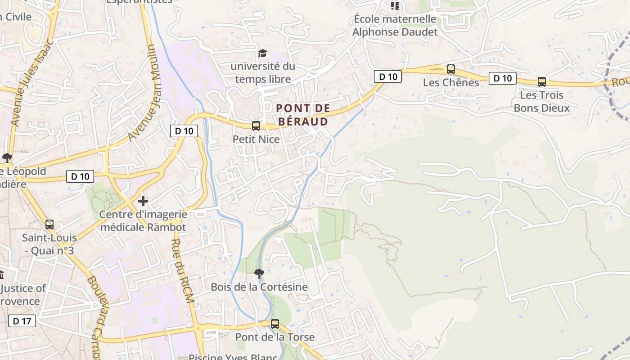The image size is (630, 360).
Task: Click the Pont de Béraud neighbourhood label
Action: pyautogui.click(x=302, y=115)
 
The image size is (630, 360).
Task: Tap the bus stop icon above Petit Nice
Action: pyautogui.click(x=256, y=126)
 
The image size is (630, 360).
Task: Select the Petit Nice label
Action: pyautogui.click(x=256, y=139)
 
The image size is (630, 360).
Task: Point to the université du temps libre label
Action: pyautogui.click(x=263, y=73)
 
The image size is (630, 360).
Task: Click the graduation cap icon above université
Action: pyautogui.click(x=262, y=54)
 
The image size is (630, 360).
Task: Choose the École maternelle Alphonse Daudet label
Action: pyautogui.click(x=395, y=26)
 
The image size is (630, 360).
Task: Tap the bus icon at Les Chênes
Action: pyautogui.click(x=450, y=69)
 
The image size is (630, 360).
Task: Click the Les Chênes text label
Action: pyautogui.click(x=451, y=83)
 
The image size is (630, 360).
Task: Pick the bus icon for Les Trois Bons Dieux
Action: pyautogui.click(x=542, y=82)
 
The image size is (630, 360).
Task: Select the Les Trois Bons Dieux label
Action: pyautogui.click(x=542, y=102)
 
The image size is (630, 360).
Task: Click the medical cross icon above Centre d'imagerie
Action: pyautogui.click(x=143, y=201)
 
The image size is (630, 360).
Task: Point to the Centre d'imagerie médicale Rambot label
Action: pyautogui.click(x=143, y=220)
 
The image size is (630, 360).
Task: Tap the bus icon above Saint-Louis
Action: pyautogui.click(x=49, y=224)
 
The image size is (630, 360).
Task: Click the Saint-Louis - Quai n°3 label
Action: pyautogui.click(x=49, y=244)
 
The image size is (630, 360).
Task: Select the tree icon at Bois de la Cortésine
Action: pyautogui.click(x=259, y=273)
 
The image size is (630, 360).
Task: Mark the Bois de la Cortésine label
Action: pyautogui.click(x=259, y=287)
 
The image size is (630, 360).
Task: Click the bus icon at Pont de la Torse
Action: pyautogui.click(x=274, y=324)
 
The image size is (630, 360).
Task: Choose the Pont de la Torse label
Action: pyautogui.click(x=275, y=337)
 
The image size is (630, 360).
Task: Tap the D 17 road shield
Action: pyautogui.click(x=22, y=321)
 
